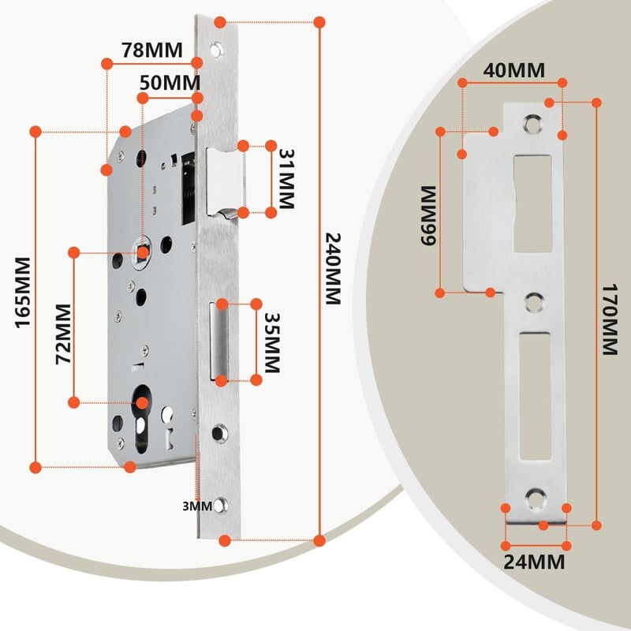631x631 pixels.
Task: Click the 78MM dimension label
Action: (x=152, y=50)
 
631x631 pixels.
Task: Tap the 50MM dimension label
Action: (x=170, y=83)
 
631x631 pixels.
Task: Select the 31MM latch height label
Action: (x=286, y=179)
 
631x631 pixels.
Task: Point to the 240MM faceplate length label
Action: (x=333, y=269)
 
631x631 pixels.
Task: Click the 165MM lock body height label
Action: (x=23, y=293)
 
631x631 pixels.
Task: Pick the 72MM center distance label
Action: (x=63, y=334)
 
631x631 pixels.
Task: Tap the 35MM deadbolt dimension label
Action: (x=272, y=343)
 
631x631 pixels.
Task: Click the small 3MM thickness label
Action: (x=197, y=506)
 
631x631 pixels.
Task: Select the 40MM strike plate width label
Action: (x=514, y=70)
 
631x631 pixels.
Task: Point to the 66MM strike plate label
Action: (x=428, y=215)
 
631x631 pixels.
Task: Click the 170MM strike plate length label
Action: (x=609, y=320)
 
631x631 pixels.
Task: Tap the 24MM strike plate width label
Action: (x=534, y=562)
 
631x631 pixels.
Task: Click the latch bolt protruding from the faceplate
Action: (x=225, y=183)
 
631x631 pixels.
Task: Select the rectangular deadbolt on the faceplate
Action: (x=218, y=342)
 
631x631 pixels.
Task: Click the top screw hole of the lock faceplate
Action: (x=216, y=50)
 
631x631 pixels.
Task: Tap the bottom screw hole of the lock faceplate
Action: (x=220, y=506)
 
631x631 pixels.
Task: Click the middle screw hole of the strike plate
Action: (x=534, y=303)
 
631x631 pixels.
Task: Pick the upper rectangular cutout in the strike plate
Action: (x=533, y=203)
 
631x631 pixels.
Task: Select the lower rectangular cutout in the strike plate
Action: (x=535, y=396)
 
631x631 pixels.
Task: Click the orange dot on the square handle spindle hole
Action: (x=143, y=253)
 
